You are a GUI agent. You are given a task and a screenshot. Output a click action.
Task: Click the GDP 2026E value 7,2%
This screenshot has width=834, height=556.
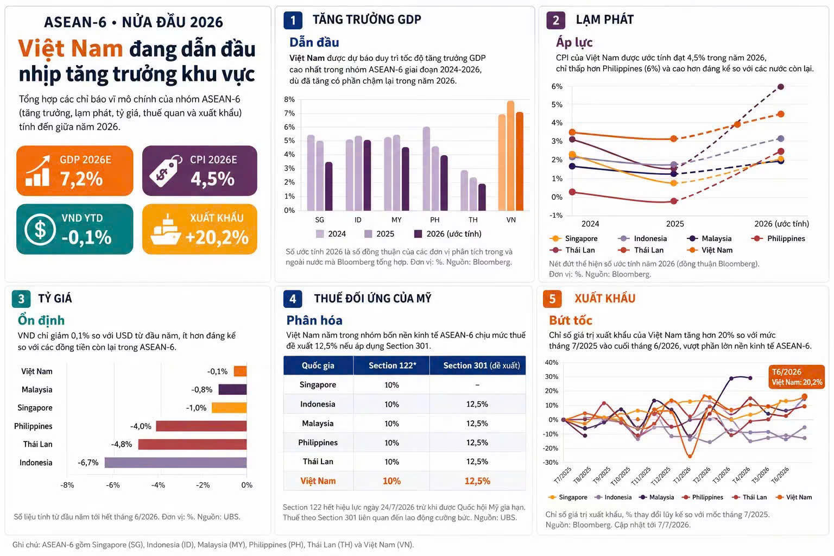pos(81,179)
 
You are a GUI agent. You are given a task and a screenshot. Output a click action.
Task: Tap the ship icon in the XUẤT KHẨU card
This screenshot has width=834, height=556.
pos(166,229)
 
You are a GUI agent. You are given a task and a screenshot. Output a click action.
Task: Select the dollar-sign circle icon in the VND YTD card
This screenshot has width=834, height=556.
pos(40,230)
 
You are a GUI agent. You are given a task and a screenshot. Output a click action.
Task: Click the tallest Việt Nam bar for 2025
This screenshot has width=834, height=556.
pos(510,156)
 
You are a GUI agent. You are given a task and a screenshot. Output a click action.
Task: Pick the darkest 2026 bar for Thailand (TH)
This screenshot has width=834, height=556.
pos(482,198)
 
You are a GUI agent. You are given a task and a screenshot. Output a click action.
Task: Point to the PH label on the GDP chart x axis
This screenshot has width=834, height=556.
pos(434,220)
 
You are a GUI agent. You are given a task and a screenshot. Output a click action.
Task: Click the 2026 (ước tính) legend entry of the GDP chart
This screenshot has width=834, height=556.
pos(448,234)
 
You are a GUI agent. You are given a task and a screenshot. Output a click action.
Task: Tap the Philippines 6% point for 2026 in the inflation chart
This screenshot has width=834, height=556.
pos(781,87)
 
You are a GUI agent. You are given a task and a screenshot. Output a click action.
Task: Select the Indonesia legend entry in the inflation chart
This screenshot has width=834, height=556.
pos(642,239)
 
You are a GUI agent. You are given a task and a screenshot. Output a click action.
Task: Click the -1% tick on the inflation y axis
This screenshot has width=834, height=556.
pos(556,215)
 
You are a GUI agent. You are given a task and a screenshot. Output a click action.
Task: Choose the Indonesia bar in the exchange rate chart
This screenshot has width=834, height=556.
pos(175,463)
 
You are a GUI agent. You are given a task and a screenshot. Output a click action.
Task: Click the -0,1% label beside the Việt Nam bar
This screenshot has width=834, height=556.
pos(217,371)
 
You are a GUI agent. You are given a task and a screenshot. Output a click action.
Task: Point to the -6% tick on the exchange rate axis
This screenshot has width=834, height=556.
pos(113,485)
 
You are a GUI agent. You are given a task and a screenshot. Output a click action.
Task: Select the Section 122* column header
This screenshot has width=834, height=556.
pos(392,366)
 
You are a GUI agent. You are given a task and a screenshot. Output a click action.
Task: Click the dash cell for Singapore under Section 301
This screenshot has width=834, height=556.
pos(477,385)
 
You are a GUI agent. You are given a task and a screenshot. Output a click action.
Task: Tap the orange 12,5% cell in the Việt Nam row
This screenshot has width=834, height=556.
pos(477,481)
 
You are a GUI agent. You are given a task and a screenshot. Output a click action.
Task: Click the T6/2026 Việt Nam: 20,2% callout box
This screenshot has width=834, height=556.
pos(797,377)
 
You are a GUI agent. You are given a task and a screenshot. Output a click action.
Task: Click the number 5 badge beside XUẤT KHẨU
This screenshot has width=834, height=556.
pos(552,299)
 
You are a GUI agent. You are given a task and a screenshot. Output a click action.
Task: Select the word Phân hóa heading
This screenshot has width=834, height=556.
pos(314,320)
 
